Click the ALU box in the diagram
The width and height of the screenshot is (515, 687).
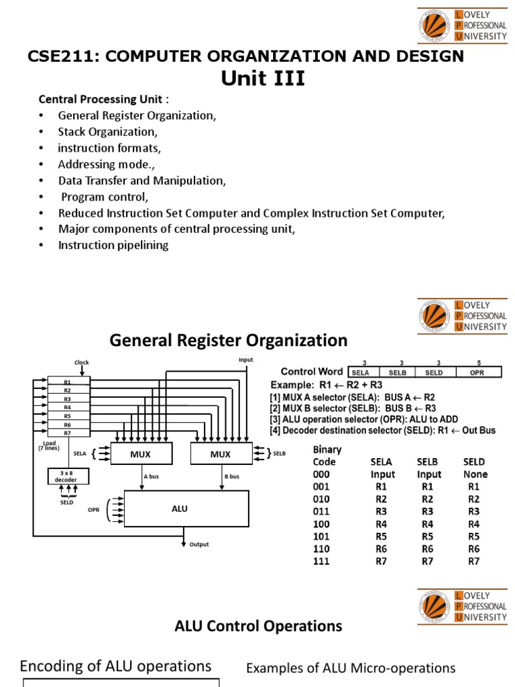[x=179, y=509]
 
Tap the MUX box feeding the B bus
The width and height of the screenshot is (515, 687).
[x=220, y=454]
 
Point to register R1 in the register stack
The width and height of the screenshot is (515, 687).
[x=67, y=382]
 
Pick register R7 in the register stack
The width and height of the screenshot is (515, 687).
[x=67, y=433]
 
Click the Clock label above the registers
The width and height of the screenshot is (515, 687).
[x=82, y=362]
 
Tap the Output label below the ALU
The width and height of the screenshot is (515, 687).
[x=199, y=545]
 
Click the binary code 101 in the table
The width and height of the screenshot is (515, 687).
[x=321, y=536]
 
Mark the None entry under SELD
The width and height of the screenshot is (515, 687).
[x=475, y=474]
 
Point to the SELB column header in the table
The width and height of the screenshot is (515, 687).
[x=428, y=462]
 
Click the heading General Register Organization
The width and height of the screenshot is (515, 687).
[x=228, y=341]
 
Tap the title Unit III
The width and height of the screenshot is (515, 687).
[x=263, y=79]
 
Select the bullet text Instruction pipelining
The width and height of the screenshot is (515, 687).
[x=113, y=245]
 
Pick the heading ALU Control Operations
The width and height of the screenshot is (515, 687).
[x=258, y=626]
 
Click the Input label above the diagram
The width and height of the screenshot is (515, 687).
[x=246, y=360]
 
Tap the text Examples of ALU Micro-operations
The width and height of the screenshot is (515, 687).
[x=351, y=668]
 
